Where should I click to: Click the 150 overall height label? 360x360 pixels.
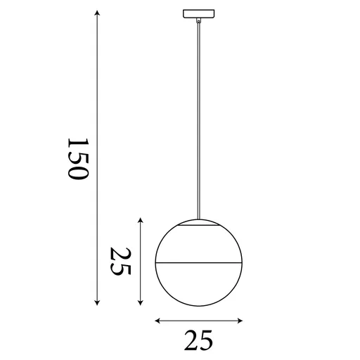click(x=77, y=159)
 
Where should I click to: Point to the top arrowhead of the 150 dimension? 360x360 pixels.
click(x=97, y=12)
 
